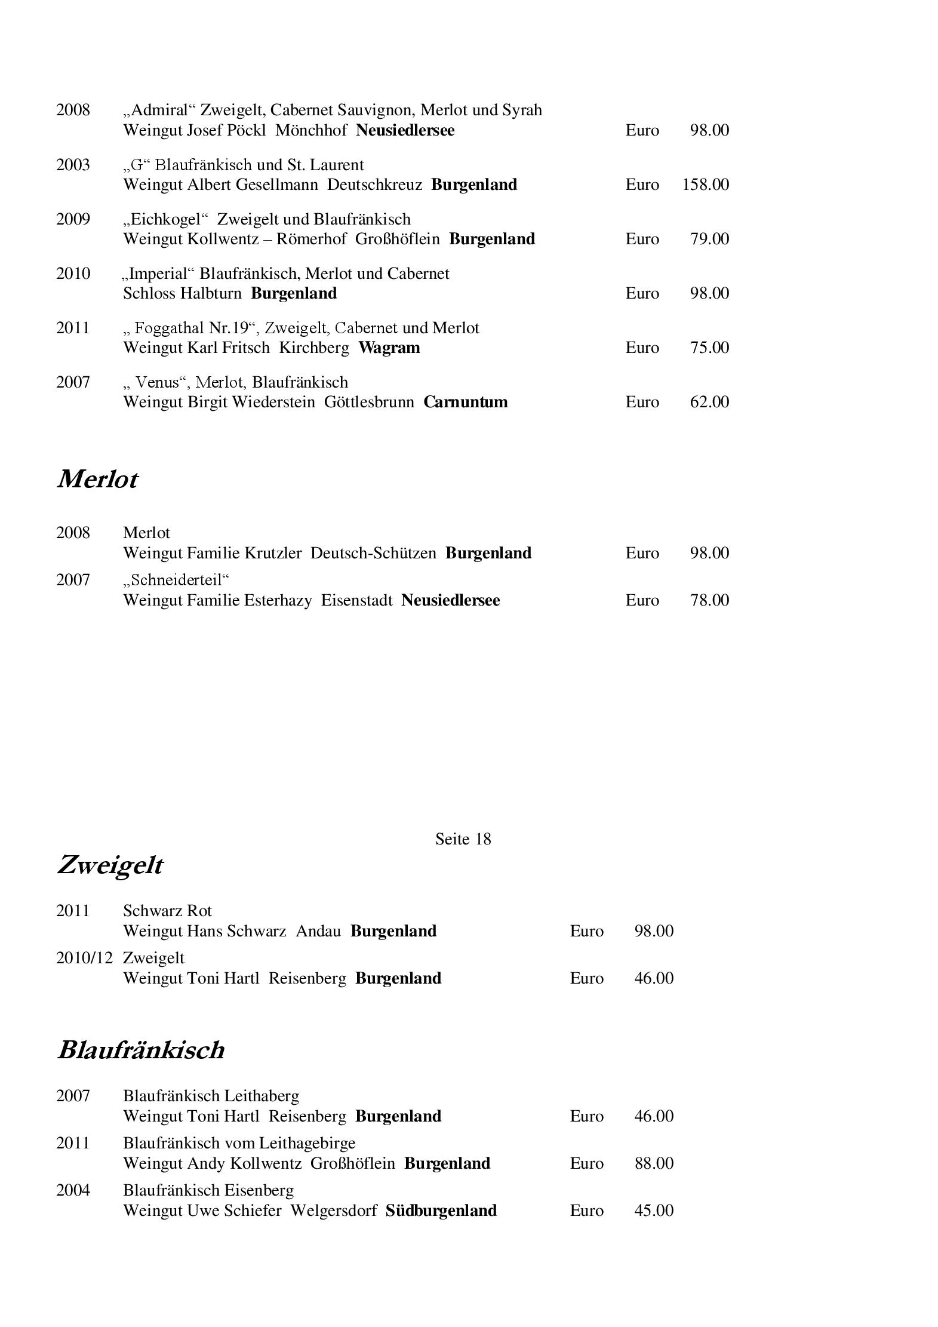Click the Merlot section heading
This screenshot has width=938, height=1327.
(97, 480)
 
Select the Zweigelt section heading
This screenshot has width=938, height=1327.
(110, 865)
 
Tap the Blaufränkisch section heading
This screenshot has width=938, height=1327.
(141, 1050)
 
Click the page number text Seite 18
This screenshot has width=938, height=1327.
(463, 839)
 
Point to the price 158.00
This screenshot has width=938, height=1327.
(705, 185)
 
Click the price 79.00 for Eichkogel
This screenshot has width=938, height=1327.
(709, 239)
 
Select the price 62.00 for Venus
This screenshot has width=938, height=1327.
(709, 402)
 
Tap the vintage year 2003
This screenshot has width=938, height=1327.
(73, 165)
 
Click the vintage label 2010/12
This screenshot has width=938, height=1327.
(84, 958)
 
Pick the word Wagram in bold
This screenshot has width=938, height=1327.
(389, 348)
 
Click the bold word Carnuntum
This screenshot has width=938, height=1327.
(466, 402)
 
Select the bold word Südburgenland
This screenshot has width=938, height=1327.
(441, 1211)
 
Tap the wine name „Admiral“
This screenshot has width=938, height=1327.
(159, 110)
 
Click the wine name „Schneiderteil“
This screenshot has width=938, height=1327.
(176, 580)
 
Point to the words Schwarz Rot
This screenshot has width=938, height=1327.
(167, 911)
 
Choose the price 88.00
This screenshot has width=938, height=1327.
(654, 1163)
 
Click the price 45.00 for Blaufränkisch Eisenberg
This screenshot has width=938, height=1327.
(654, 1211)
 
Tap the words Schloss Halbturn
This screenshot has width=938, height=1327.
(182, 293)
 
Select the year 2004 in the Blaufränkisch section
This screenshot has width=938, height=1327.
(73, 1190)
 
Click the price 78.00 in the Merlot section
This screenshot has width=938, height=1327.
(709, 600)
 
